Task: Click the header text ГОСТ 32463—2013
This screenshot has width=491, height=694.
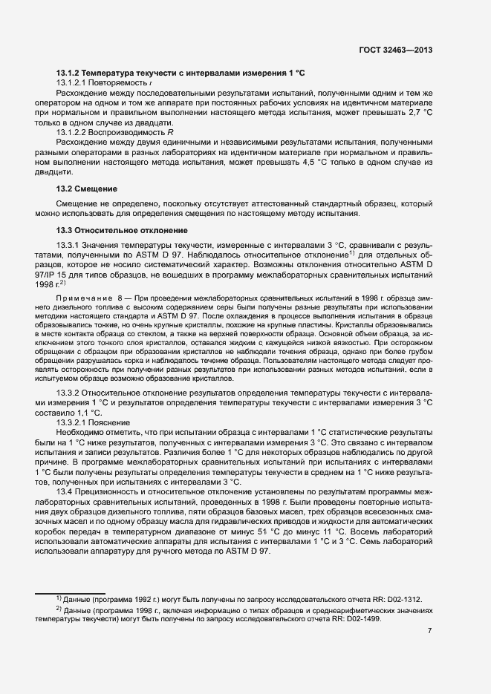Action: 395,50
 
